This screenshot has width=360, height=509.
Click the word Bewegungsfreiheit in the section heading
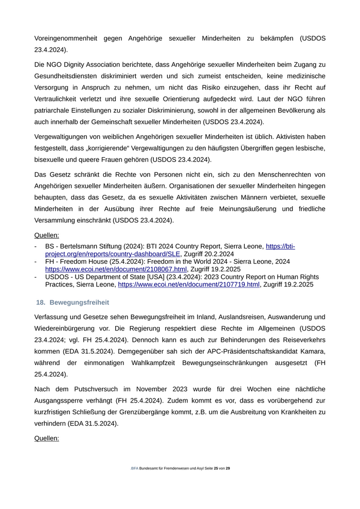(x=79, y=302)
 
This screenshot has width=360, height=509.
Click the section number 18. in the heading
(x=41, y=302)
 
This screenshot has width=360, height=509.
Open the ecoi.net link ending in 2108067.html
(x=116, y=269)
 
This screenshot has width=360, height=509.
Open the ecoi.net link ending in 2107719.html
(x=189, y=284)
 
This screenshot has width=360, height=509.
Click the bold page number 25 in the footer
(x=216, y=468)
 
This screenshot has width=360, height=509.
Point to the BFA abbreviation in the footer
(x=135, y=468)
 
